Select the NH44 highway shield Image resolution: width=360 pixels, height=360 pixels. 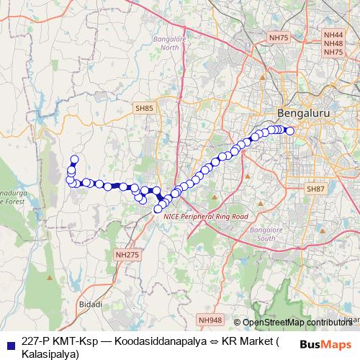(x=333, y=34)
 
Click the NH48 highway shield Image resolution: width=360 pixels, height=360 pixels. (x=333, y=43)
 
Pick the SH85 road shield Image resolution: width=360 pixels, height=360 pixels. (x=144, y=108)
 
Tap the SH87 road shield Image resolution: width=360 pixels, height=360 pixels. (x=315, y=189)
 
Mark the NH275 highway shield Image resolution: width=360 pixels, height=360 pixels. (x=126, y=255)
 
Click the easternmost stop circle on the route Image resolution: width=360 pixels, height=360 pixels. (x=290, y=130)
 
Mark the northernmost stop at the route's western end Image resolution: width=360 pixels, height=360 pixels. (x=73, y=160)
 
